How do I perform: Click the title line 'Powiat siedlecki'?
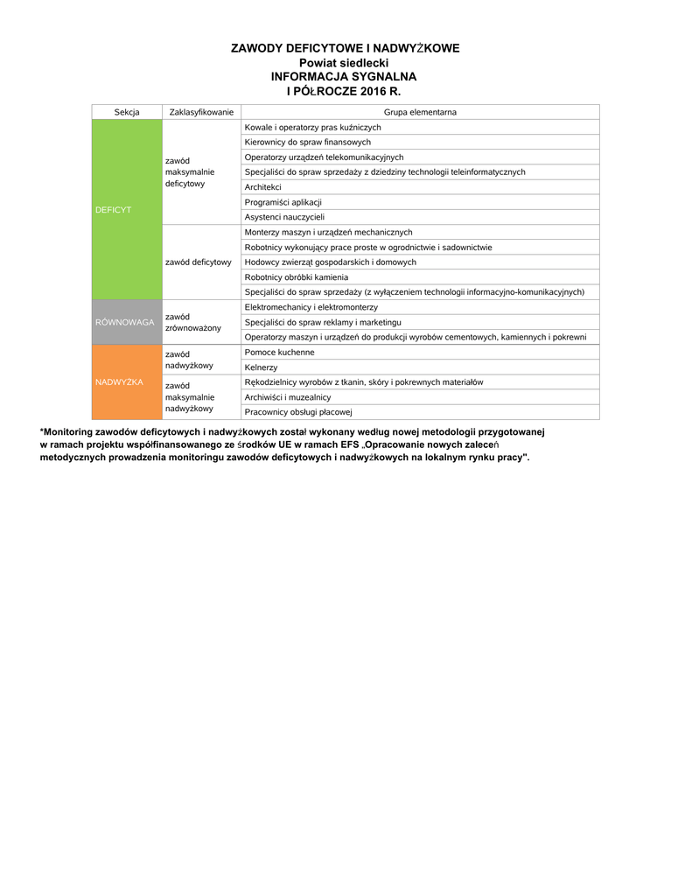point(344,63)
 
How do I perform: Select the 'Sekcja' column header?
point(127,112)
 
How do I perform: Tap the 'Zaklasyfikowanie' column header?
point(201,112)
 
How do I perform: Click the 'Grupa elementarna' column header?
point(420,112)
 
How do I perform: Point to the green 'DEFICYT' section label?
point(113,210)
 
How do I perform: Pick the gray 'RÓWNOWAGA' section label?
point(124,322)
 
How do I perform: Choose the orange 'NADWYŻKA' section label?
point(119,382)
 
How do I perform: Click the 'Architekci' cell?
point(263,187)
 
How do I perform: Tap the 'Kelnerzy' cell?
point(261,367)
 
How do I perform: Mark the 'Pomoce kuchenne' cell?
point(279,352)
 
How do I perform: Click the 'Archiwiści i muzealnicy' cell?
point(288,397)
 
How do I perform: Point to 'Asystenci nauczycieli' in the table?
point(284,217)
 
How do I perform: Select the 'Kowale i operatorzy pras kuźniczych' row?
point(312,127)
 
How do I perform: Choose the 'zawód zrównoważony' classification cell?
point(192,322)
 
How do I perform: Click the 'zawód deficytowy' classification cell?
point(198,262)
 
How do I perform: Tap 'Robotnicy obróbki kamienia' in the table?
point(296,276)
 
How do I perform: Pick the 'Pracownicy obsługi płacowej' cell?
point(297,412)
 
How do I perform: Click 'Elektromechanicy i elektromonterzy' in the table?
point(311,307)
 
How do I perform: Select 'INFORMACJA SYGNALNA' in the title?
point(344,77)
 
